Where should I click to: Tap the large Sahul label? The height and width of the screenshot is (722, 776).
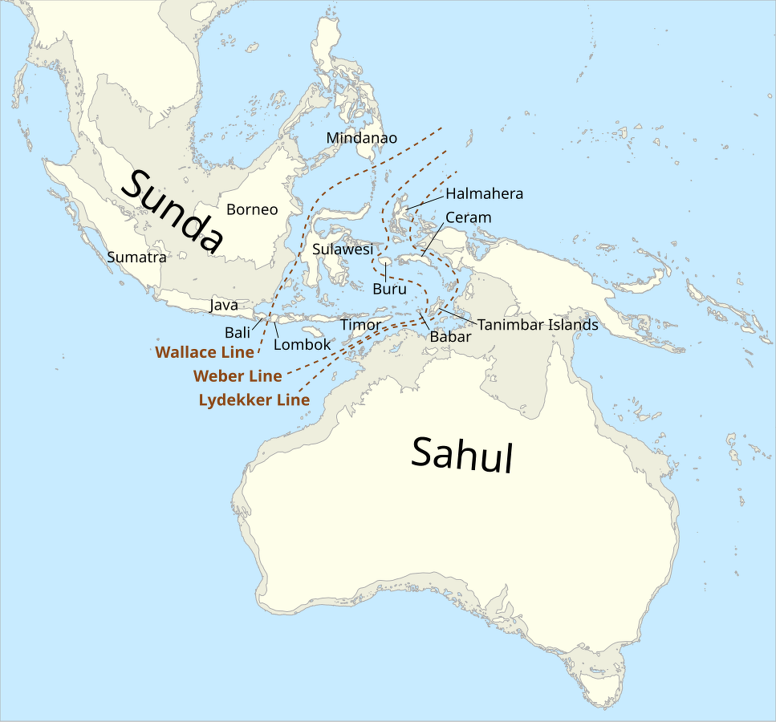pos(461,455)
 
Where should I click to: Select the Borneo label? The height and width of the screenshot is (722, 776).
pos(252,210)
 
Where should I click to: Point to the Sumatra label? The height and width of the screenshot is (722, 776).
pos(136,258)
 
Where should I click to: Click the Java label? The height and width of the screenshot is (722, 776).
pos(224,306)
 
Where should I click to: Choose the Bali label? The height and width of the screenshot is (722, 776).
pos(237,332)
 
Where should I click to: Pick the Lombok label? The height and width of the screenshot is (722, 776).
pos(302,345)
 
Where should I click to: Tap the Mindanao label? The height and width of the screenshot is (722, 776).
pos(361,138)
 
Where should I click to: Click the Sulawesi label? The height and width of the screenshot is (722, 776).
pos(343,249)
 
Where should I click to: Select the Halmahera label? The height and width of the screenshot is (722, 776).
pos(484,193)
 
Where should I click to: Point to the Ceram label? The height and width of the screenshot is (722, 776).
pos(468,217)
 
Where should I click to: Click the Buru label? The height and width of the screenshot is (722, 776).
pos(390,289)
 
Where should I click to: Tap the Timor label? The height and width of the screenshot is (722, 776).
pos(359,325)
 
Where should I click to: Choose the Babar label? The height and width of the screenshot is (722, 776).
pos(450,337)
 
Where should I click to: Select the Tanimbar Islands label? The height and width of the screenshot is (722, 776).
pos(538,325)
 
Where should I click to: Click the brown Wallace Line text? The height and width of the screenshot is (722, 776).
pos(205,352)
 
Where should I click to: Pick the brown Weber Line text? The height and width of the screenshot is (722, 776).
pos(238,376)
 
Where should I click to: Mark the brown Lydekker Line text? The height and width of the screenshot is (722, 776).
pos(254,400)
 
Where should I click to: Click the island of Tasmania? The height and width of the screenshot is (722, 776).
pos(602,683)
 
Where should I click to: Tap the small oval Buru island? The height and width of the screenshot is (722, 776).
pos(386,262)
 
